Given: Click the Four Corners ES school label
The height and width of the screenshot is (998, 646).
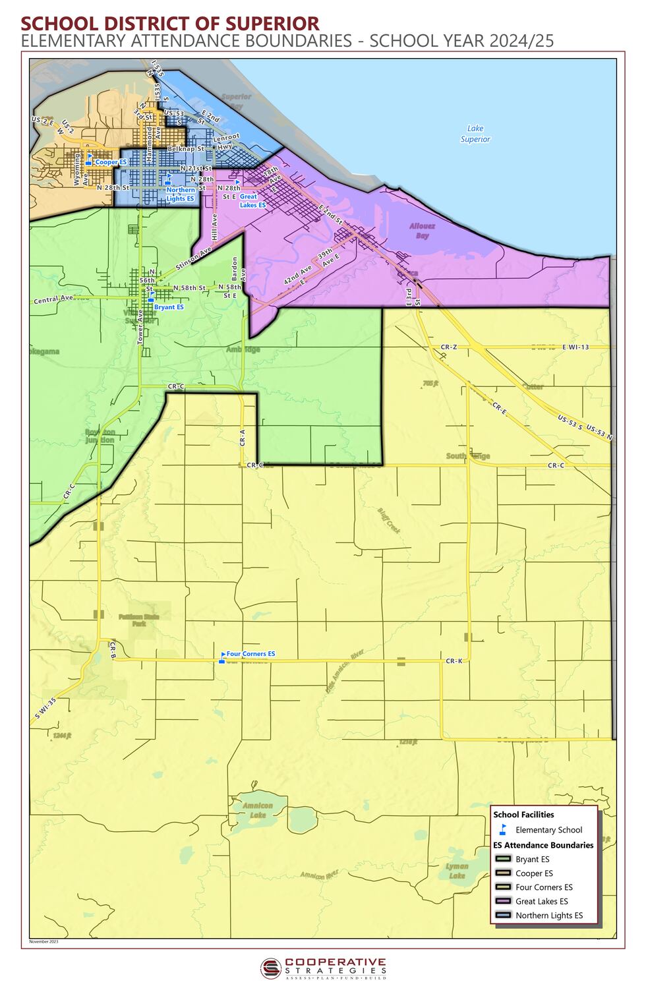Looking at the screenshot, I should pos(250,654).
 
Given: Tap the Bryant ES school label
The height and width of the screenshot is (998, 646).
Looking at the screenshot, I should pos(169,307).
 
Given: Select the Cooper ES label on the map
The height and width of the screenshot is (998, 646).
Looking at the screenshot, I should pos(111,162).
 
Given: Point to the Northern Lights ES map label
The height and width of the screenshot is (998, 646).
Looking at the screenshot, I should pos(180,194).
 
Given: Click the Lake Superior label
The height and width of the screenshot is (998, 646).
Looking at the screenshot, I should pos(475,134).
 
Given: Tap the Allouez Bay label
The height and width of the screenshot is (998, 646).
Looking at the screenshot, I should pos(423,230).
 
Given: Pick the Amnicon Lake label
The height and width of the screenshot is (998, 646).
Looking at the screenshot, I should pos(253,809).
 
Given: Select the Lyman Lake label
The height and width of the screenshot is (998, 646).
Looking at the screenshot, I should pos(457,870).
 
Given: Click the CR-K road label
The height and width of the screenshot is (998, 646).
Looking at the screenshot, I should pos(454,660).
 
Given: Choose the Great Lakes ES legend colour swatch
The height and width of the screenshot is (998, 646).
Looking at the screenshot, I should pos(504,901).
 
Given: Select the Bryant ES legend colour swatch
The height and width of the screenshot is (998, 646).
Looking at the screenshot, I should pos(504,859).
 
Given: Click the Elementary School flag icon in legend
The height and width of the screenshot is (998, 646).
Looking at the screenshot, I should pos(503,829).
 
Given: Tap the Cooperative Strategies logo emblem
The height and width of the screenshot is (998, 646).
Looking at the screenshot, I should pos(270,968).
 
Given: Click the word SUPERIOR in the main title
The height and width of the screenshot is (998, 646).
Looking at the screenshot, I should pos(272,24).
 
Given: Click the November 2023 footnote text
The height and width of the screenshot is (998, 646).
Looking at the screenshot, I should pos(44,941).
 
